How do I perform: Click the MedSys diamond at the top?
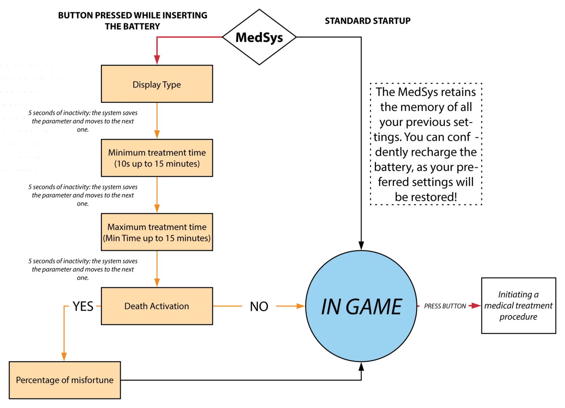click(x=259, y=37)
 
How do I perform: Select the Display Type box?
click(x=157, y=84)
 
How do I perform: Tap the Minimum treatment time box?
click(x=157, y=158)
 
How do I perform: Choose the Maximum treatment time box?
click(x=157, y=232)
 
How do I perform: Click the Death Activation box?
click(x=157, y=306)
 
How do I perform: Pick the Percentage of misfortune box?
click(x=65, y=380)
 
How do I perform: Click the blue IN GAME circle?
click(x=361, y=306)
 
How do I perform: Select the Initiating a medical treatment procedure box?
click(x=519, y=306)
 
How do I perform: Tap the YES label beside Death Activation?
click(x=83, y=306)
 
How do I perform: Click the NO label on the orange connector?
click(x=259, y=307)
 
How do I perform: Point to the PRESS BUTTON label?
click(x=445, y=306)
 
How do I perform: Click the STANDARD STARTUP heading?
click(x=368, y=21)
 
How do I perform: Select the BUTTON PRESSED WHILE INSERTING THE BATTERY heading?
click(x=133, y=21)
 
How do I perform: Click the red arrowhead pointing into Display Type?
click(x=157, y=60)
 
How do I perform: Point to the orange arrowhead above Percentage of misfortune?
click(x=64, y=357)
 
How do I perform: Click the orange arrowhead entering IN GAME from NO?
click(x=301, y=306)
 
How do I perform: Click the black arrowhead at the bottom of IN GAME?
click(x=361, y=367)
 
